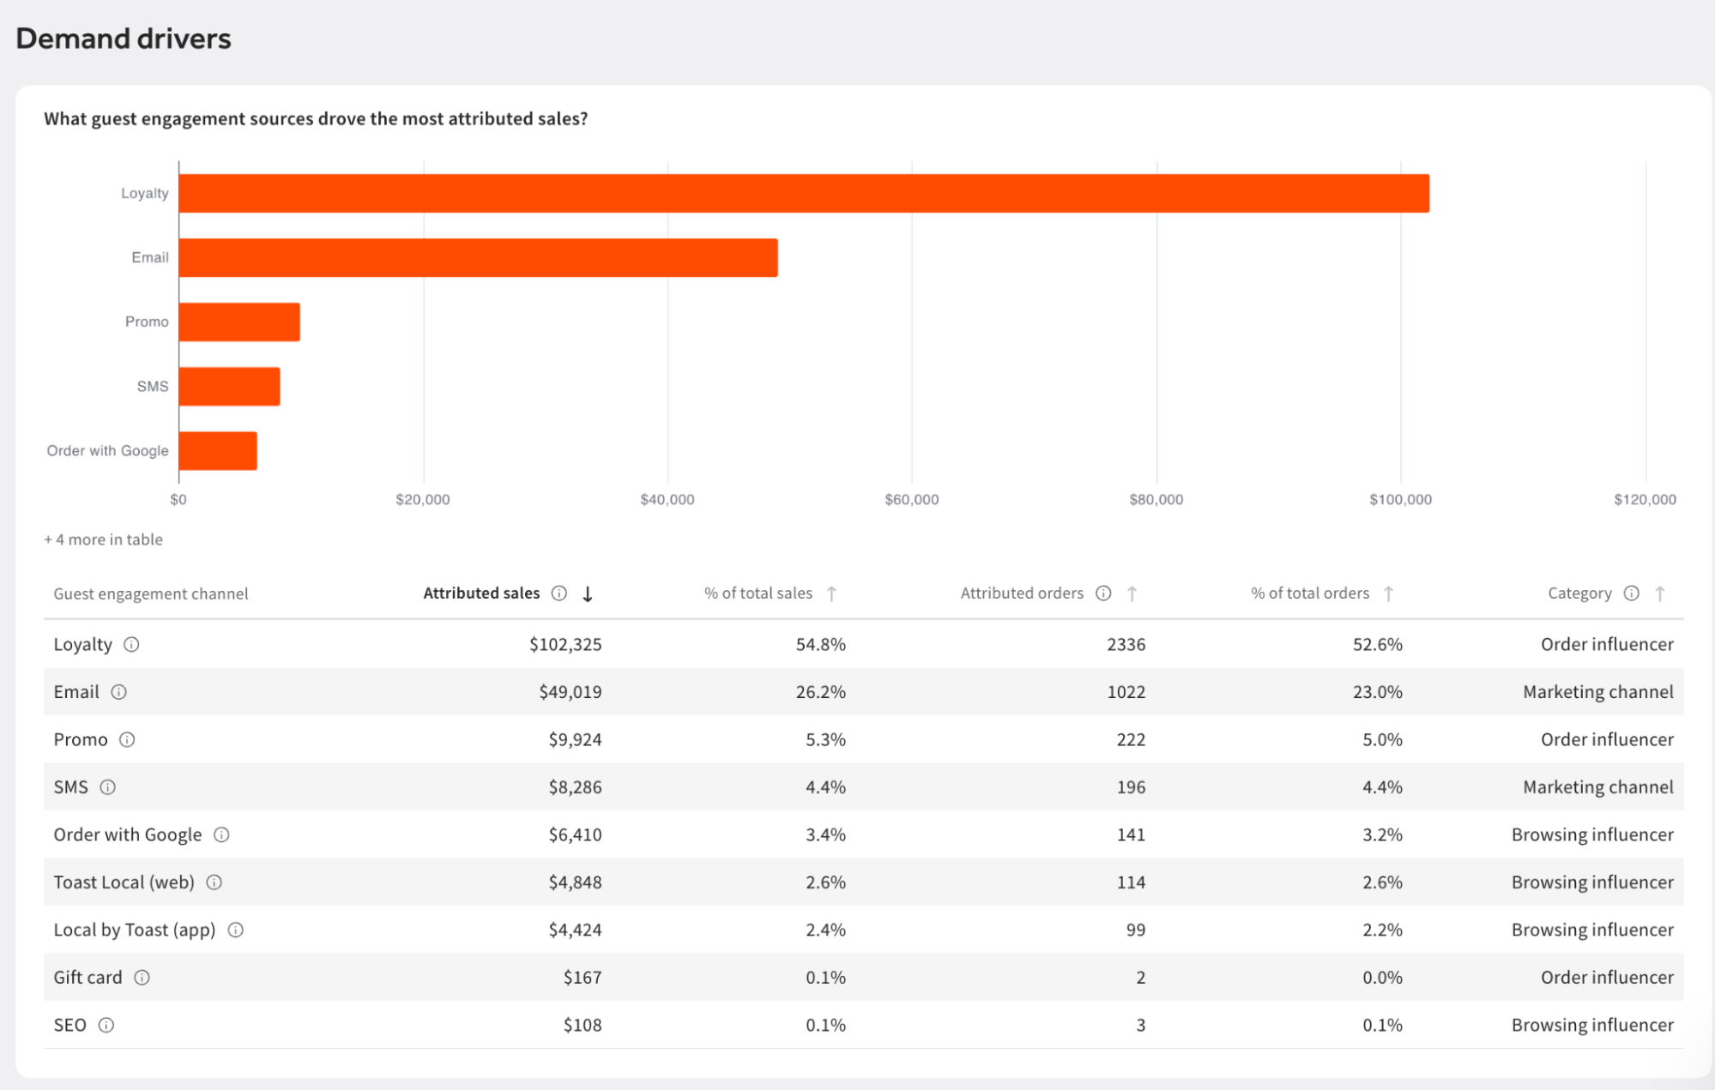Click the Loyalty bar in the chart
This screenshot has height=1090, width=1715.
pyautogui.click(x=804, y=193)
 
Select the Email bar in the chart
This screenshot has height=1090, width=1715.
pyautogui.click(x=479, y=257)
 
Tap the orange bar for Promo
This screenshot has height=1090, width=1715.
pyautogui.click(x=239, y=322)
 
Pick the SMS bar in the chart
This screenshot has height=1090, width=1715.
pyautogui.click(x=229, y=386)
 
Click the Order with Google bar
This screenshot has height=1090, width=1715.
pyautogui.click(x=218, y=451)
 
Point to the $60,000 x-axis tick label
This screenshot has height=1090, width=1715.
pyautogui.click(x=911, y=499)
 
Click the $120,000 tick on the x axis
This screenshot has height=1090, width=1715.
pyautogui.click(x=1645, y=499)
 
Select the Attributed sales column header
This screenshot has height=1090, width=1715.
pyautogui.click(x=481, y=593)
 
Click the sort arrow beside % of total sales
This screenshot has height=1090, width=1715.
pyautogui.click(x=831, y=593)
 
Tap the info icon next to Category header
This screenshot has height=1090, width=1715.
pyautogui.click(x=1632, y=593)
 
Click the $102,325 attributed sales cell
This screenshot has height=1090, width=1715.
pyautogui.click(x=565, y=644)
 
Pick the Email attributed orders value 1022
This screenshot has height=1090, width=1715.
pyautogui.click(x=1126, y=692)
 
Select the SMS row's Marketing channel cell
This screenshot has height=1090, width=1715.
pyautogui.click(x=1598, y=787)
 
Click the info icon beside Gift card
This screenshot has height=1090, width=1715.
pyautogui.click(x=142, y=978)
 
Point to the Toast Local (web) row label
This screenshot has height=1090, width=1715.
pyautogui.click(x=124, y=882)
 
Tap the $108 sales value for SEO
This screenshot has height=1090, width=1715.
pyautogui.click(x=583, y=1025)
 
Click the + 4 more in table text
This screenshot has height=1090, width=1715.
pyautogui.click(x=104, y=539)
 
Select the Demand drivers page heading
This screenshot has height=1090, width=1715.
pyautogui.click(x=124, y=39)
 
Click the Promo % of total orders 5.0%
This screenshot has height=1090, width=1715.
pyautogui.click(x=1382, y=739)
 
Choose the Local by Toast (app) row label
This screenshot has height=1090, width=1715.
pyautogui.click(x=135, y=930)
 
